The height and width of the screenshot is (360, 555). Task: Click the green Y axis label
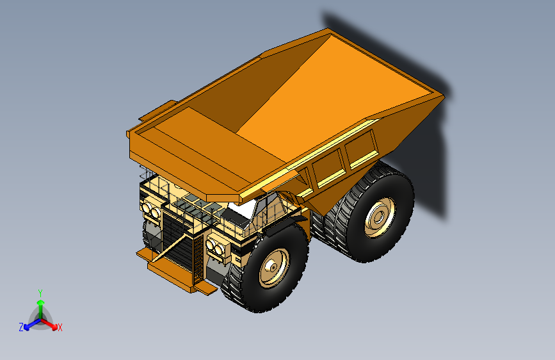point(40,292)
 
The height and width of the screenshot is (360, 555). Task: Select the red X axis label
point(60,328)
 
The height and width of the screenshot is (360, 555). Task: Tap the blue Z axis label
point(21,327)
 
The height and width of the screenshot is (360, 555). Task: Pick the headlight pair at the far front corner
point(150,209)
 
